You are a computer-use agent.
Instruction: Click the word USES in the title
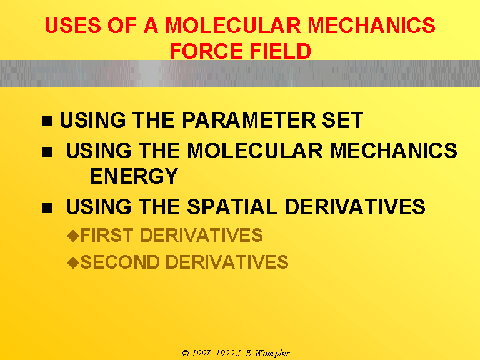pos(73,25)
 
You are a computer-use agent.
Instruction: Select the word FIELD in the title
pos(280,51)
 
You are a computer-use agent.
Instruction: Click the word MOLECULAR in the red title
pos(233,25)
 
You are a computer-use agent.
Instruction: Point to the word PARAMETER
pos(249,120)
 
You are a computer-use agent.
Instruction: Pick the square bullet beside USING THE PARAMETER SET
pos(47,121)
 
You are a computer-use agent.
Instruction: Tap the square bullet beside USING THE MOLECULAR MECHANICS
pos(47,152)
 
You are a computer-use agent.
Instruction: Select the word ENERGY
pos(134,176)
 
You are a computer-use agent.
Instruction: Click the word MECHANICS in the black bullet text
pos(394,150)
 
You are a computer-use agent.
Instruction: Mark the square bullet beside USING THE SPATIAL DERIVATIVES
pos(47,208)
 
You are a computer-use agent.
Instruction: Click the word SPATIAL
pos(232,206)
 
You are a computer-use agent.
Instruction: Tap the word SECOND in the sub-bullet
pos(120,262)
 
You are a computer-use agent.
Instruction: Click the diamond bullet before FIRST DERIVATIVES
pos(73,236)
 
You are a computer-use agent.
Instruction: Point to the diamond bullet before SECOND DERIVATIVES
pos(73,262)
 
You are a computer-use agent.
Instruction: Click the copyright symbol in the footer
pos(186,353)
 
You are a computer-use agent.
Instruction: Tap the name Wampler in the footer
pos(272,354)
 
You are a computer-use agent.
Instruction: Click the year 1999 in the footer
pos(225,353)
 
